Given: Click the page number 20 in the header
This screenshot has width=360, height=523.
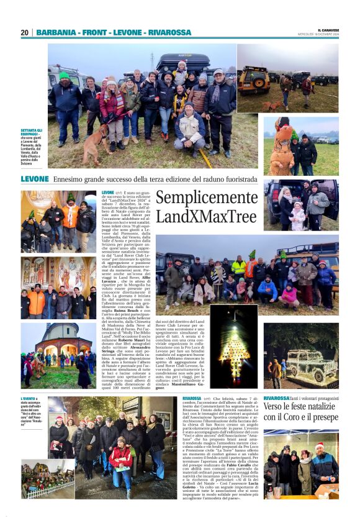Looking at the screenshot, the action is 24,32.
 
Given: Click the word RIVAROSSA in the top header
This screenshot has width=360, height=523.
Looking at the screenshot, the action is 170,32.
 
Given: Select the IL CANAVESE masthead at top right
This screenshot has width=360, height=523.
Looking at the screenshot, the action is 328,29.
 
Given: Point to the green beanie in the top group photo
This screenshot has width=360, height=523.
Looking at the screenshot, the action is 65,76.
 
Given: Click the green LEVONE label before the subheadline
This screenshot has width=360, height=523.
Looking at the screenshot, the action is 35,179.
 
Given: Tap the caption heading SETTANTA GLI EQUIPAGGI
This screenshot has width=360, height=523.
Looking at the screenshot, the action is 32,133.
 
